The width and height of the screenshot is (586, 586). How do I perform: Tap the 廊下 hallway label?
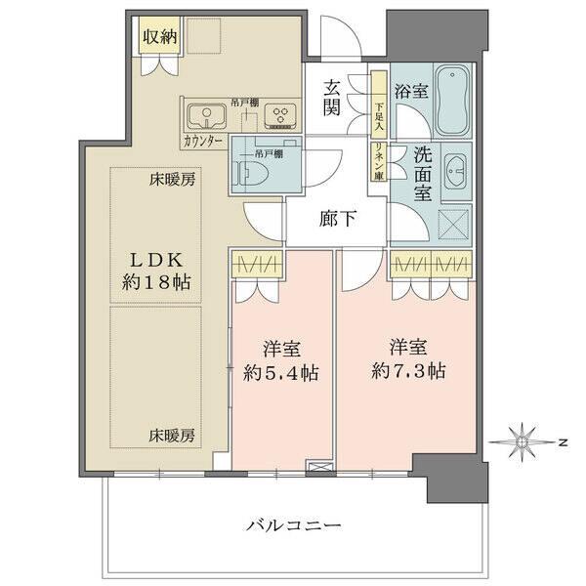(337, 220)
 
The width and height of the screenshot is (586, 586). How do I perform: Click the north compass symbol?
(525, 442)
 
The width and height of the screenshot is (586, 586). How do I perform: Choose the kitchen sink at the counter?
(207, 117)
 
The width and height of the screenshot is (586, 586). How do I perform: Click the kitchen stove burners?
(281, 117)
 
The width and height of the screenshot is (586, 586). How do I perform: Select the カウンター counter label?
(202, 142)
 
